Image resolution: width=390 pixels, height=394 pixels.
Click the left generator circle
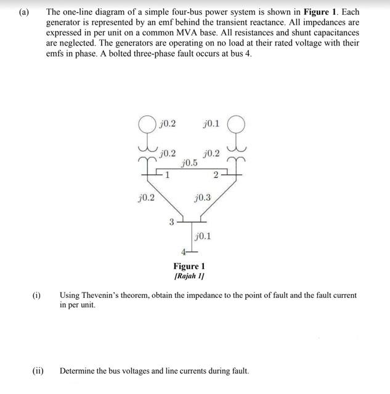147,124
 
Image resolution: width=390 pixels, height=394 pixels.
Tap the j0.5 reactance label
189,163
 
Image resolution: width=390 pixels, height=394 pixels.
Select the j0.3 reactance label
201,198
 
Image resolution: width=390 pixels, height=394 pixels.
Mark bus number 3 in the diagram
172,222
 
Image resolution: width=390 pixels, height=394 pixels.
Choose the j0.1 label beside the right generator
211,124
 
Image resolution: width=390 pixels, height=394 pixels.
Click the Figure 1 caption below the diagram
189,266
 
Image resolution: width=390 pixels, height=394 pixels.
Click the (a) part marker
24,12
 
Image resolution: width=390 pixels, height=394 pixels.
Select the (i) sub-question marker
36,295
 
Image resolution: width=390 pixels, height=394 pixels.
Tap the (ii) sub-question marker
38,371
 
